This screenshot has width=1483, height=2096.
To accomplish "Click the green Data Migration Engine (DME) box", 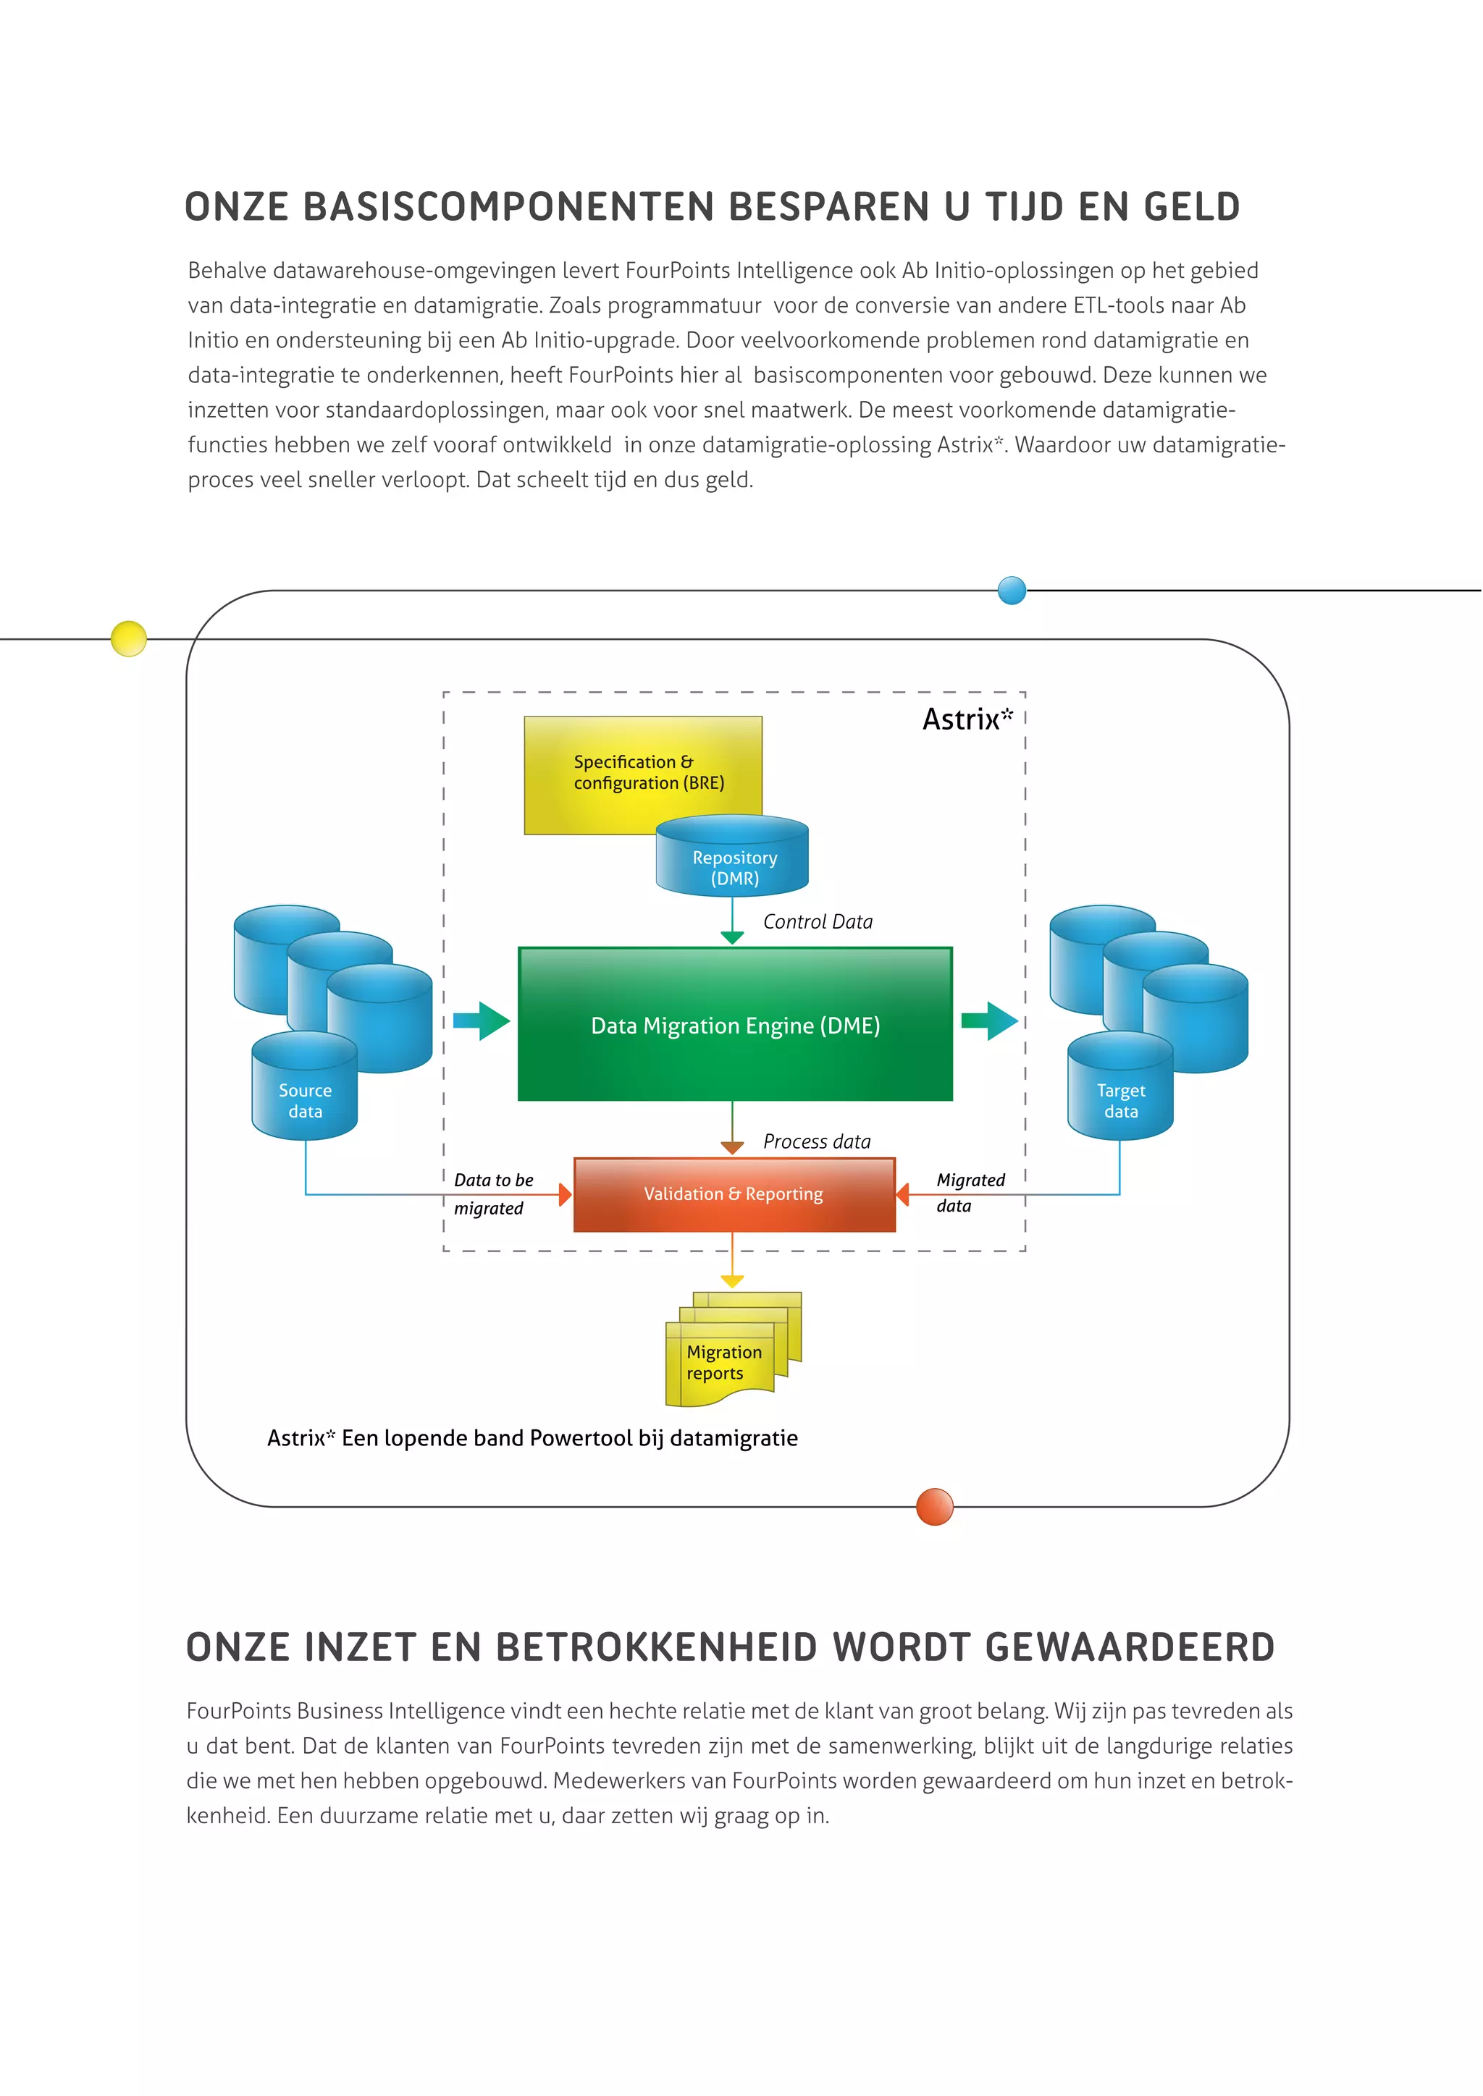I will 735,1024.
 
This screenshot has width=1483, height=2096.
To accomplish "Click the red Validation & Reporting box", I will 734,1194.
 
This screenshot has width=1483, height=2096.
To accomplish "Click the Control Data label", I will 818,922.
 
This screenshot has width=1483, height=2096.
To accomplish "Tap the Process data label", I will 816,1141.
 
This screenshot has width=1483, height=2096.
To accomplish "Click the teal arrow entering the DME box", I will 482,1020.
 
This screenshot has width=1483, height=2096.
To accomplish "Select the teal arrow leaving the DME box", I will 989,1020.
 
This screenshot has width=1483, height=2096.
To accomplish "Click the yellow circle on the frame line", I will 129,638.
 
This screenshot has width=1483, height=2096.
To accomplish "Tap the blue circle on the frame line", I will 1012,591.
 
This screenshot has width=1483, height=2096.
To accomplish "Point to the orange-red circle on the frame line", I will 934,1506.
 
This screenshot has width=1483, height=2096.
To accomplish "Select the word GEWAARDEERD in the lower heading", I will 1130,1648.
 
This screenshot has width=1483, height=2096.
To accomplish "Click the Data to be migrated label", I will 493,1193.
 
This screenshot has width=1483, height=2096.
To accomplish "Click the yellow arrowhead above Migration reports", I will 732,1281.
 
